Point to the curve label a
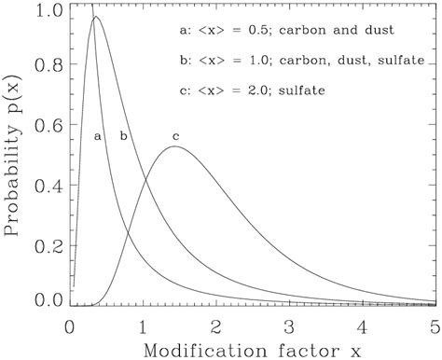point(97,136)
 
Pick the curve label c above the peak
point(174,137)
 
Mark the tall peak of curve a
point(94,17)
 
